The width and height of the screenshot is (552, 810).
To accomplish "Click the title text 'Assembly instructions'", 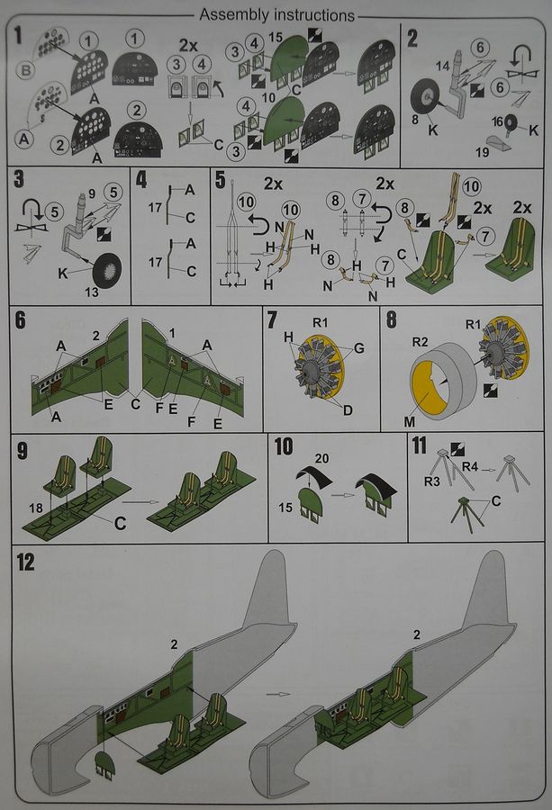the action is pos(277,15).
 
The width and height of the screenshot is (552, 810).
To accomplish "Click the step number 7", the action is pos(272,320).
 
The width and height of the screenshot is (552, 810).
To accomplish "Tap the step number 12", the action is pos(25,562).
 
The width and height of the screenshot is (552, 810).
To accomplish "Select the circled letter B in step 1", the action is pos(26,71).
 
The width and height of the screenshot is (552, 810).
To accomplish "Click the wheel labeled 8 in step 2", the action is pos(425,97).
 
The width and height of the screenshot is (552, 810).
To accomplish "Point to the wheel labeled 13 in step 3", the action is pos(107,271).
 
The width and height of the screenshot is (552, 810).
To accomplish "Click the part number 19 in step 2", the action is pos(483,152).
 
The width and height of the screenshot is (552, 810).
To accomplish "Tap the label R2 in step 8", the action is pos(420,342).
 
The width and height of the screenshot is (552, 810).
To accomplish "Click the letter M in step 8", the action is pos(410,422).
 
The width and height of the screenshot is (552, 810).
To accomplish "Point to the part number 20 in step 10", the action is pos(322,458).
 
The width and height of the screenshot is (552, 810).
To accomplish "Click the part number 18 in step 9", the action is pos(36,508).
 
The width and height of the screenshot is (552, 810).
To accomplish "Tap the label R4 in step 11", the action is pos(470,467).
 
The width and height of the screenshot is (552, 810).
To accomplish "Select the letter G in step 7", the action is pos(358,348).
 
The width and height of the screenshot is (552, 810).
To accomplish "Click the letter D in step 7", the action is pos(348,410).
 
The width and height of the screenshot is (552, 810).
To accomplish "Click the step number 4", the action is pos(141,180).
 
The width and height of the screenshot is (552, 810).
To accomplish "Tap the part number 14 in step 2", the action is pos(442,66).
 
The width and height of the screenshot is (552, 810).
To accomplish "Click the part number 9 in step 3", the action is pos(92,193).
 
